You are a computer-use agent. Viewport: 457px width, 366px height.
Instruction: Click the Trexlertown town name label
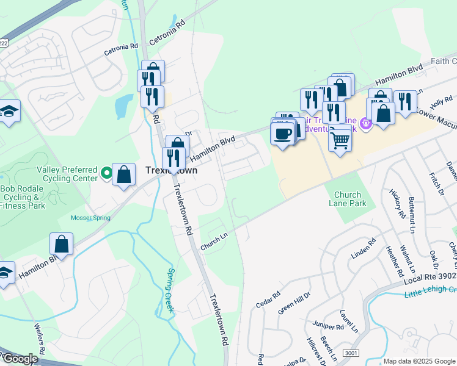[x=172, y=171]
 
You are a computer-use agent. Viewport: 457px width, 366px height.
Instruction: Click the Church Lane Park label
[x=348, y=199]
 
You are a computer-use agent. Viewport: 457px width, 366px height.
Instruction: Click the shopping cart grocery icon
[x=340, y=140]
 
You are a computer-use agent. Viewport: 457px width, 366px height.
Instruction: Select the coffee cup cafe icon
[x=283, y=134]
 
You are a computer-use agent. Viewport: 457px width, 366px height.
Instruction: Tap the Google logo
[x=20, y=359]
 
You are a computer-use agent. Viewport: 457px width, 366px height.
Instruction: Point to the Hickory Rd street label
[x=397, y=204]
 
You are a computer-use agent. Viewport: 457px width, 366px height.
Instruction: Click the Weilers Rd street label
[x=40, y=342]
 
